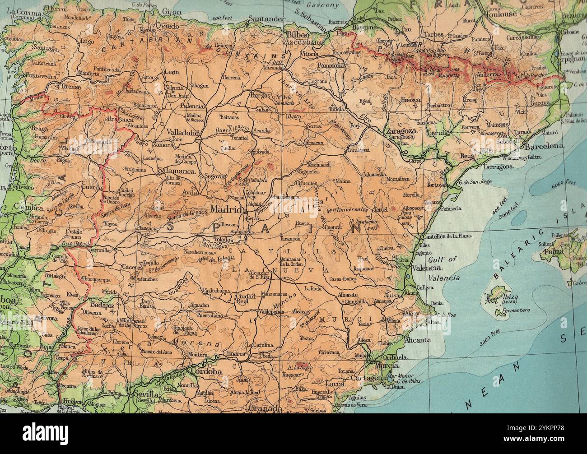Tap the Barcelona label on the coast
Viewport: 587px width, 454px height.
click(544, 146)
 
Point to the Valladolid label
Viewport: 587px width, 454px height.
click(182, 133)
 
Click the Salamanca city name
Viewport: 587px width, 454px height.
click(177, 171)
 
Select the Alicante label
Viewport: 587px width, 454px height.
click(417, 340)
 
